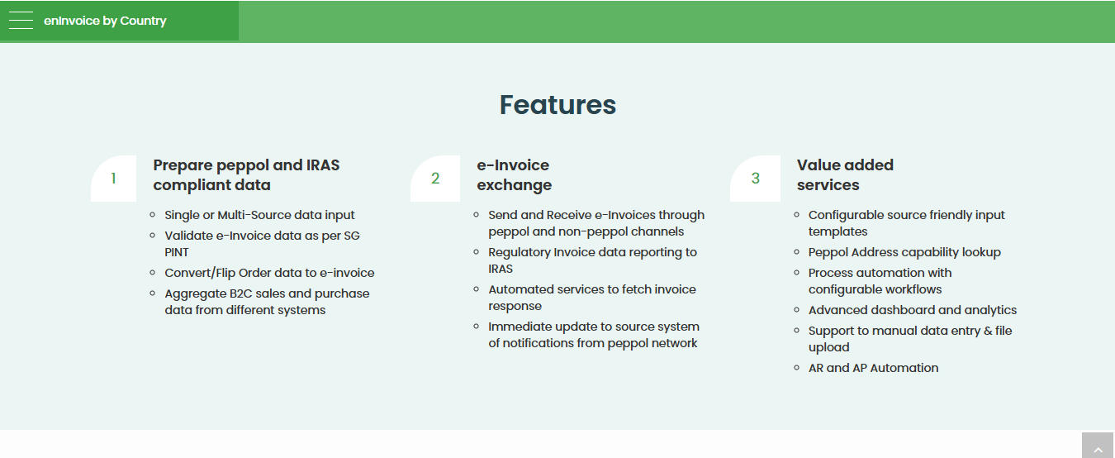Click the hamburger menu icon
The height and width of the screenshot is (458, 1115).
[x=21, y=21]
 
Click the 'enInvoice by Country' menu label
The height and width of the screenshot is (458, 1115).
[x=105, y=21]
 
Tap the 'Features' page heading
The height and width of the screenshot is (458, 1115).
[x=557, y=105]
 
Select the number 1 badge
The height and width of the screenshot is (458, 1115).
[x=113, y=179]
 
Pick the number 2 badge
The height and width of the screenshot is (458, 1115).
[x=435, y=179]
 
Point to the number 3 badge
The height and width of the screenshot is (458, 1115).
[x=755, y=179]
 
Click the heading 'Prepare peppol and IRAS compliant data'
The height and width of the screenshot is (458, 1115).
[x=246, y=174]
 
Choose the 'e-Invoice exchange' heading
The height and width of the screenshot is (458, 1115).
[x=514, y=174]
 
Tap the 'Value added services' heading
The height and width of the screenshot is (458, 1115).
[x=845, y=174]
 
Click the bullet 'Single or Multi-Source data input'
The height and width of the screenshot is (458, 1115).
[x=259, y=215]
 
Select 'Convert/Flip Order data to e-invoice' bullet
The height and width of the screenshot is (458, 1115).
[x=269, y=273]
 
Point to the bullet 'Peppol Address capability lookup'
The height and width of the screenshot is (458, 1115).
[x=904, y=252]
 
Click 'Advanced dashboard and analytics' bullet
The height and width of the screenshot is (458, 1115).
[x=913, y=310]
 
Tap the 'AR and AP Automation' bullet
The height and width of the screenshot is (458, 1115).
[x=873, y=368]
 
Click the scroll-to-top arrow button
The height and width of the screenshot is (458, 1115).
[x=1098, y=447]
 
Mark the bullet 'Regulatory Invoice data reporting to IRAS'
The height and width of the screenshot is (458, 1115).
[x=592, y=260]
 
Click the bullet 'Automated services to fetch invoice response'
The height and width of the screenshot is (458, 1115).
[x=592, y=298]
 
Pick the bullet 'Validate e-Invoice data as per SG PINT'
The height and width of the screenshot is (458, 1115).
[x=262, y=243]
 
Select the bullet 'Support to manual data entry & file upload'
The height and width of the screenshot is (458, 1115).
[x=909, y=338]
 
